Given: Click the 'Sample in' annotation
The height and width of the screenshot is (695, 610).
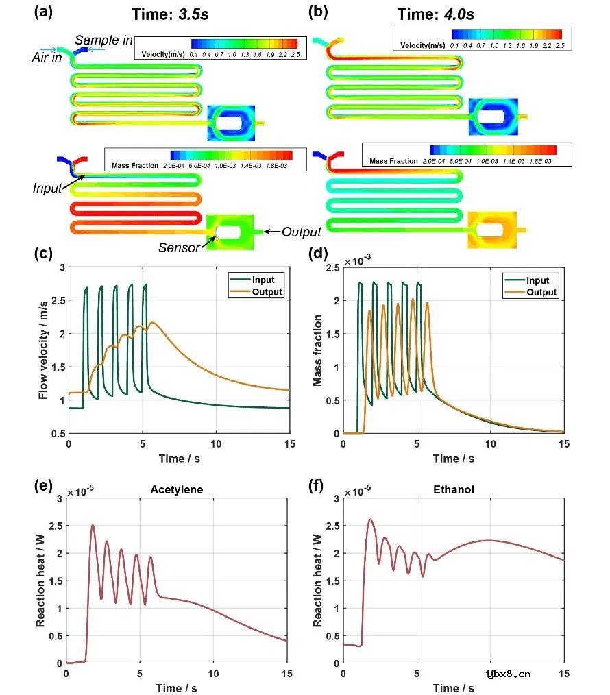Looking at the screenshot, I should pos(103,41).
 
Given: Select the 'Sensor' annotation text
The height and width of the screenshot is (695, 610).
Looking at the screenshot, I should pos(180,247).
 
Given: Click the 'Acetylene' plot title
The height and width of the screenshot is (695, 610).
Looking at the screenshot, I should pos(176,490).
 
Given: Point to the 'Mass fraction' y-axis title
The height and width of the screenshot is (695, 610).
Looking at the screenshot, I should pos(318,350).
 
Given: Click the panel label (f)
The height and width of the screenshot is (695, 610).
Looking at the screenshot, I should pos(318,487).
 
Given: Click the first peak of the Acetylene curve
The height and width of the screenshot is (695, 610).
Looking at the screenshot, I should pos(93,526).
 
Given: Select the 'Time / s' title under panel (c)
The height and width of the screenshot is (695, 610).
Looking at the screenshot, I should pos(178,459).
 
